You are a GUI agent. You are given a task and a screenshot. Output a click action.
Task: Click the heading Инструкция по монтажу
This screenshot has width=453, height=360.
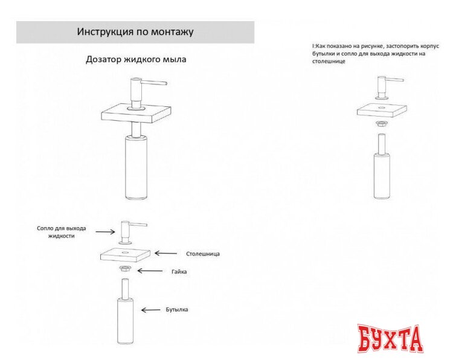tap(135, 31)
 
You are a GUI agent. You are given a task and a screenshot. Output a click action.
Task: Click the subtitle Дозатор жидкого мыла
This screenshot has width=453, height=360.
tap(136, 60)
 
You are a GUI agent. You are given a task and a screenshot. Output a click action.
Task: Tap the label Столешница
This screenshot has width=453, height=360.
tap(203, 254)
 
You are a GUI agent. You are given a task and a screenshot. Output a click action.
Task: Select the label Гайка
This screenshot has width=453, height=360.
tap(179, 272)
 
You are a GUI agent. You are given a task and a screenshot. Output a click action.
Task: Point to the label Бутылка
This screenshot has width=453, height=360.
tap(177, 309)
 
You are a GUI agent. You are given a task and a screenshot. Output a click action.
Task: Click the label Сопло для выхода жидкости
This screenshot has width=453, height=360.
tap(61, 232)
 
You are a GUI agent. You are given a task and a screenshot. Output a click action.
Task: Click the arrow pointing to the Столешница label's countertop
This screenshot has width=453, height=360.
tap(166, 253)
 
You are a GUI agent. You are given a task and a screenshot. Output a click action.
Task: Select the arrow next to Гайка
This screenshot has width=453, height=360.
tap(150, 271)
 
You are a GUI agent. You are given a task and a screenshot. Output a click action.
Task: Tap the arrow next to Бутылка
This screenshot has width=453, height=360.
tap(150, 310)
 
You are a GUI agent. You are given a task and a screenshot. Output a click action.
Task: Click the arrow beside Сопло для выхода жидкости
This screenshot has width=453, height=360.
tap(106, 231)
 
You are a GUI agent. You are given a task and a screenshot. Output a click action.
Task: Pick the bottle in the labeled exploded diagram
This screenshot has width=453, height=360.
tap(126, 312)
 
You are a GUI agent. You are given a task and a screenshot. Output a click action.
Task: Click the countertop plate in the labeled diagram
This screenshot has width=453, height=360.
tap(125, 255)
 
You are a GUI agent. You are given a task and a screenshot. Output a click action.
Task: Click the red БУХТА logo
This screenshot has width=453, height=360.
tap(390, 339)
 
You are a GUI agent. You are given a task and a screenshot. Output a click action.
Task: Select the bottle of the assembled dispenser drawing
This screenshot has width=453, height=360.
tap(136, 167)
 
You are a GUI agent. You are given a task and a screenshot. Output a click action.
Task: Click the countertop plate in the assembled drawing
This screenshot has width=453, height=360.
tap(136, 114)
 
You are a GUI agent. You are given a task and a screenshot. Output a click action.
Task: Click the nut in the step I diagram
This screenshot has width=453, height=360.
tap(381, 124)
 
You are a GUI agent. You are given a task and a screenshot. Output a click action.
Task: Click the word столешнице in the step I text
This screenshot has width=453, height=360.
tap(329, 61)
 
